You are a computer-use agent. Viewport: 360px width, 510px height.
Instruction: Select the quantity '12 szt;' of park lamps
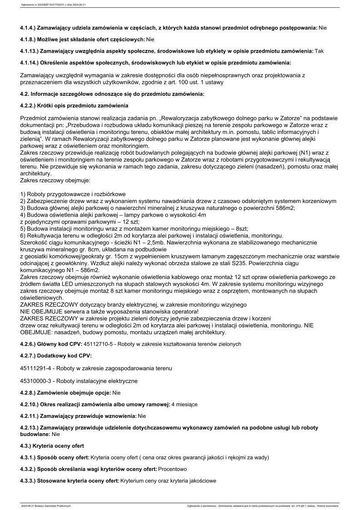(x=129, y=221)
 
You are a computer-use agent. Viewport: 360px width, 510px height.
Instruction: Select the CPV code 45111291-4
(x=39, y=368)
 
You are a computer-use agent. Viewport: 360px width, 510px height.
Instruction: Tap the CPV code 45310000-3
(x=39, y=381)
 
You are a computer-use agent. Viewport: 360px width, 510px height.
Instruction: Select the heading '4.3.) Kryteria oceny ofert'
(x=52, y=446)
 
